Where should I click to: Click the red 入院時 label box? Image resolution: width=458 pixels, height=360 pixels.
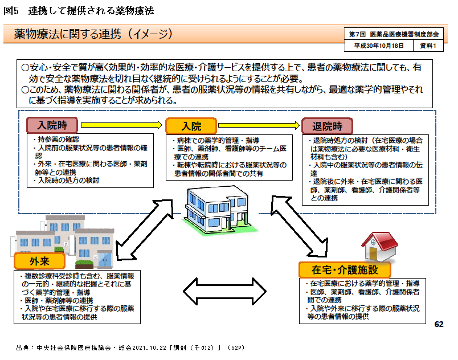click(x=55, y=125)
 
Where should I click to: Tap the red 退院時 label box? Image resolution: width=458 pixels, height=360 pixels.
click(x=327, y=125)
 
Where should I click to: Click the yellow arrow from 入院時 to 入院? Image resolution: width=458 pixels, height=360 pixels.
click(x=122, y=125)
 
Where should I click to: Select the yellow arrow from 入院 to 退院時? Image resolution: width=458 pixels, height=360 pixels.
click(x=259, y=125)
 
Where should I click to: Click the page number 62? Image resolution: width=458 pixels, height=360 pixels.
click(x=438, y=324)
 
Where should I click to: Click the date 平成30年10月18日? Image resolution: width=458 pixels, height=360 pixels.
click(x=379, y=46)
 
